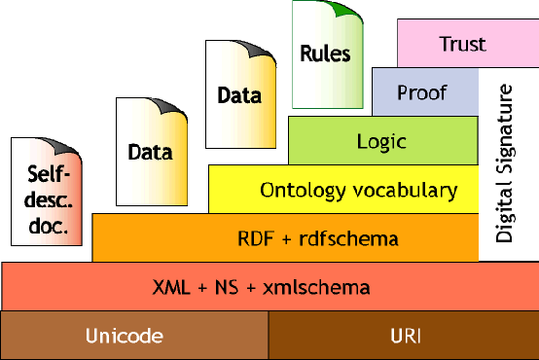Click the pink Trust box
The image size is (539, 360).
tap(461, 44)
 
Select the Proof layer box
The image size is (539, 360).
tap(421, 92)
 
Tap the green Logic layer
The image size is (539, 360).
tap(381, 141)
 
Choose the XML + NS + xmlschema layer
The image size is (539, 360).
tap(263, 287)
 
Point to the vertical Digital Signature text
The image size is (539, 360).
tap(504, 163)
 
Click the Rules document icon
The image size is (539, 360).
tap(325, 54)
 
